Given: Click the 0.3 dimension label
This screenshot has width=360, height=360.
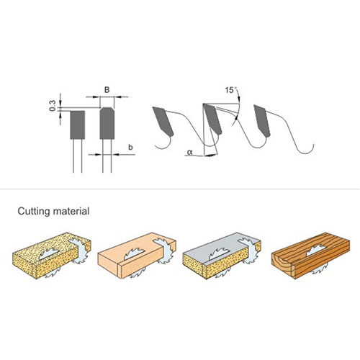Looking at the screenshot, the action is [x=53, y=106].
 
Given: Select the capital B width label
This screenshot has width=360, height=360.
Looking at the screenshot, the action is [x=107, y=90].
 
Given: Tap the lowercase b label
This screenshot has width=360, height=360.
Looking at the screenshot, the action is [x=130, y=147].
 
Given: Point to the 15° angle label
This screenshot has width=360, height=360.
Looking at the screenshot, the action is [x=230, y=90].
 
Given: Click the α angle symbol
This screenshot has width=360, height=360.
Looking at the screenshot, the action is [x=190, y=152].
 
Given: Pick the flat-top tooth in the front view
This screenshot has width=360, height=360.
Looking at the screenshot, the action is [x=77, y=125].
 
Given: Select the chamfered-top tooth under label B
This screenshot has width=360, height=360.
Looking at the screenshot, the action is [x=107, y=123].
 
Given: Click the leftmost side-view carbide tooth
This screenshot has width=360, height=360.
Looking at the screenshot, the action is [x=163, y=121].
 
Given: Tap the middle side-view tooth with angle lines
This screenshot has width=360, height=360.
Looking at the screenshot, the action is [x=212, y=119].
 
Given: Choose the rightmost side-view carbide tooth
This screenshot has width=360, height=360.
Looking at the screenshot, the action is [x=262, y=121].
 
